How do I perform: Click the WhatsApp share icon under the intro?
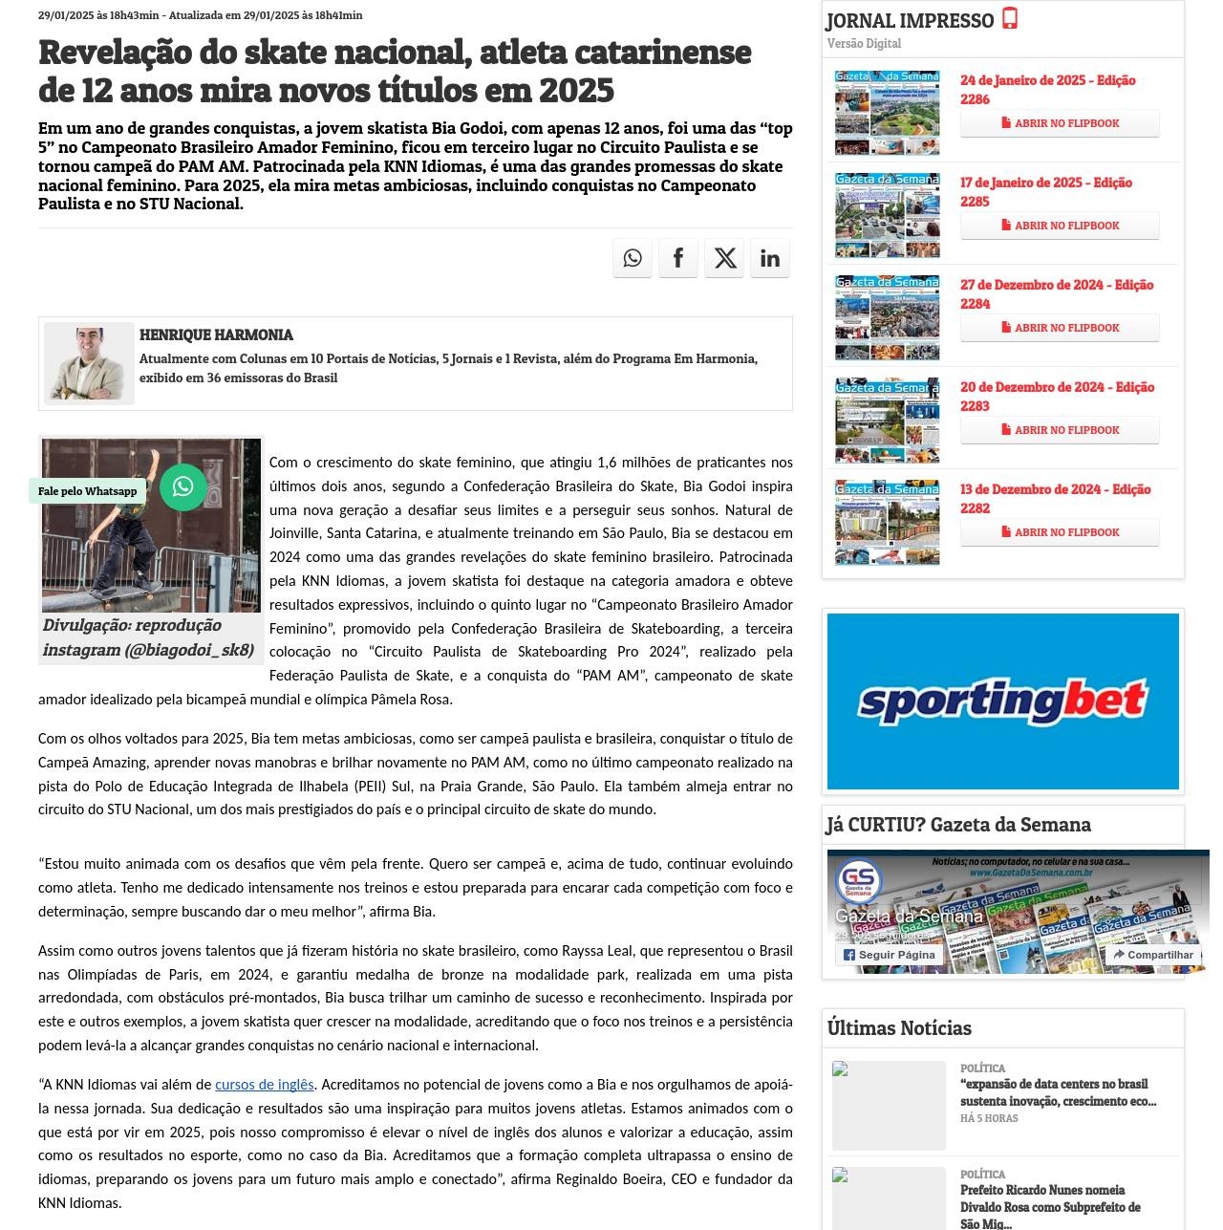coord(633,258)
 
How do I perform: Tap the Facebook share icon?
coord(678,258)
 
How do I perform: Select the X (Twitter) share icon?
coord(725,258)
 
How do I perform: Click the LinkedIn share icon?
coord(770,258)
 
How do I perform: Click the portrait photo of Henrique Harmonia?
coord(89,363)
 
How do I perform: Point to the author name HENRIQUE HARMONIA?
coord(216,335)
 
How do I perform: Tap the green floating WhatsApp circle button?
coord(182,487)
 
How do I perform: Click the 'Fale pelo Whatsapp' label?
coord(88,491)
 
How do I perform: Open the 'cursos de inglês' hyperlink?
coord(265,1085)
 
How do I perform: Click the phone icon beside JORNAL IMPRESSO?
coord(1010,18)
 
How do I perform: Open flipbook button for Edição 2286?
coord(1060,123)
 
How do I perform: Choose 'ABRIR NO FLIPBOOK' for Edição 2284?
coord(1060,328)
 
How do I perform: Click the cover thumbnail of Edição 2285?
coord(887,216)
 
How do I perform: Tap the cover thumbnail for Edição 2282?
coord(887,523)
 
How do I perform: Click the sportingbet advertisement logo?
coord(1002,701)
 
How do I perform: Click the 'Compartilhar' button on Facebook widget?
coord(1153,955)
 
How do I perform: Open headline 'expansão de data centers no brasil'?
coord(1058,1092)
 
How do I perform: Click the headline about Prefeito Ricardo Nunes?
coord(1050,1206)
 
